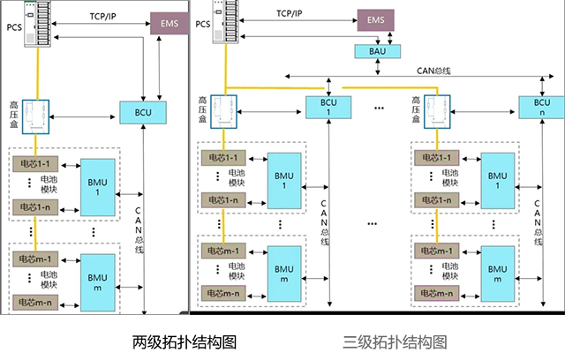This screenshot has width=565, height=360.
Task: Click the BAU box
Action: point(371,51)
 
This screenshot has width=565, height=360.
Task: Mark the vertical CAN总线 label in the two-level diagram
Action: point(138,225)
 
